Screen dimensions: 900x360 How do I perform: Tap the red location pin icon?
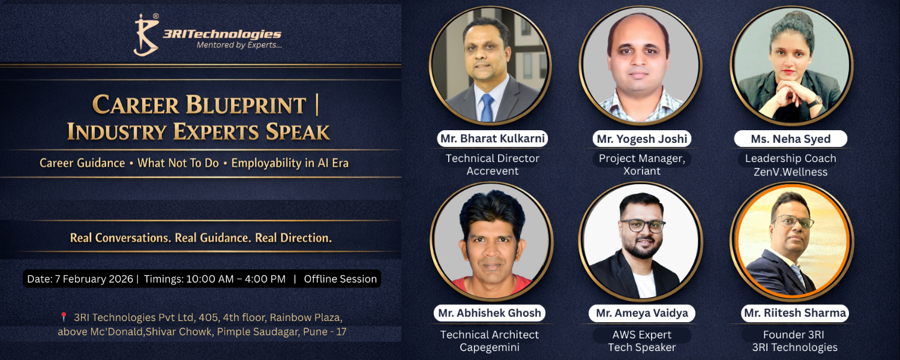64,317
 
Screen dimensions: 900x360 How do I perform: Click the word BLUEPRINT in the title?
246,105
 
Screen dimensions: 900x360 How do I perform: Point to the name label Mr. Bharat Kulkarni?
493,139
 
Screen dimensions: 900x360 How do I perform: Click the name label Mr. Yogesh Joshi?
641,139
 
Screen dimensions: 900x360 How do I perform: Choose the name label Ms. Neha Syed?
790,139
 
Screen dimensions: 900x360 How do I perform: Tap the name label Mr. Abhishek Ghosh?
490,313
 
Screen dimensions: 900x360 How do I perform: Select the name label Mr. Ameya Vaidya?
641,313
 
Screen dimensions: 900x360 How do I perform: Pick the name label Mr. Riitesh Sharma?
795,313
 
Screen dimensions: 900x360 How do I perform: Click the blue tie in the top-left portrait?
487,107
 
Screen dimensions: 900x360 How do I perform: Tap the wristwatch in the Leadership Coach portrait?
815,101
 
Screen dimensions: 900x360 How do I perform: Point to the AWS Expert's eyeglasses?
643,226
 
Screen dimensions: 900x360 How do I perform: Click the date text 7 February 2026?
94,279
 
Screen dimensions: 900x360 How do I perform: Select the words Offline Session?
340,279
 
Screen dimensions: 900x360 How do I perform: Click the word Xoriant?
641,171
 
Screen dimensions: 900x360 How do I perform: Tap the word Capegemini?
490,347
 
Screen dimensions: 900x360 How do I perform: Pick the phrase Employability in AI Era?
290,163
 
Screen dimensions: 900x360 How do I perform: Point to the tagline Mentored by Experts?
239,45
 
